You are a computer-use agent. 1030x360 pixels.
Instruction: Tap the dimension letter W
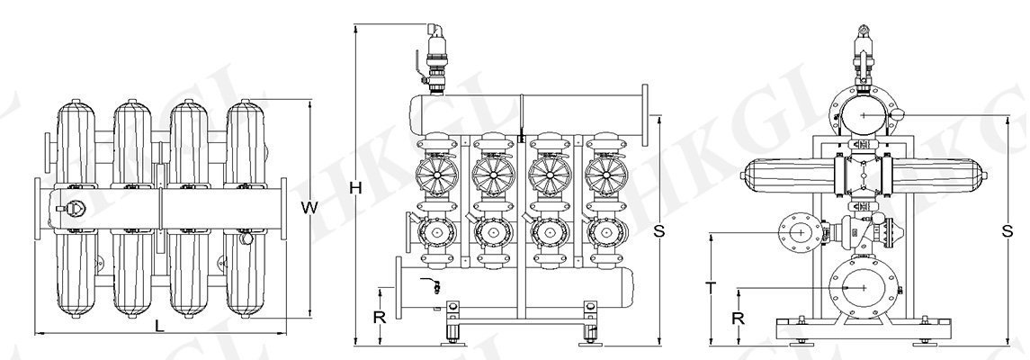pos(309,208)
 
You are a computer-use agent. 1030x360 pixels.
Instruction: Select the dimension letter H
pos(355,188)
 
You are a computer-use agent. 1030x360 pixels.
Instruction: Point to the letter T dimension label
pos(711,288)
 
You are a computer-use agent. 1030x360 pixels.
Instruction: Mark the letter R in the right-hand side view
pos(738,318)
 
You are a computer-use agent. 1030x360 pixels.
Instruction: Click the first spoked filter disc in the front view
pos(435,175)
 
